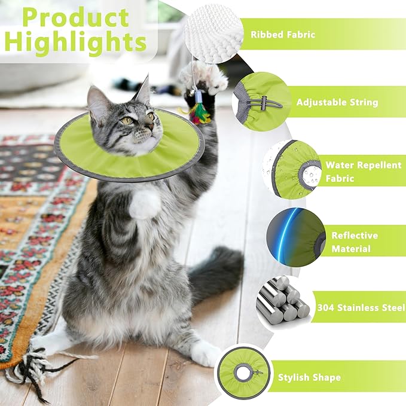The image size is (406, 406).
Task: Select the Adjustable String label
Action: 337,102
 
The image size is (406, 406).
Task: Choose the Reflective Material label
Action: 355,242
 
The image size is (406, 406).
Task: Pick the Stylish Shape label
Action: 309,377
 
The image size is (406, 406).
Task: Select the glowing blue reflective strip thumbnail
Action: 295,235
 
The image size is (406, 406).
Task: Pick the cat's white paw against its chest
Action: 145,204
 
